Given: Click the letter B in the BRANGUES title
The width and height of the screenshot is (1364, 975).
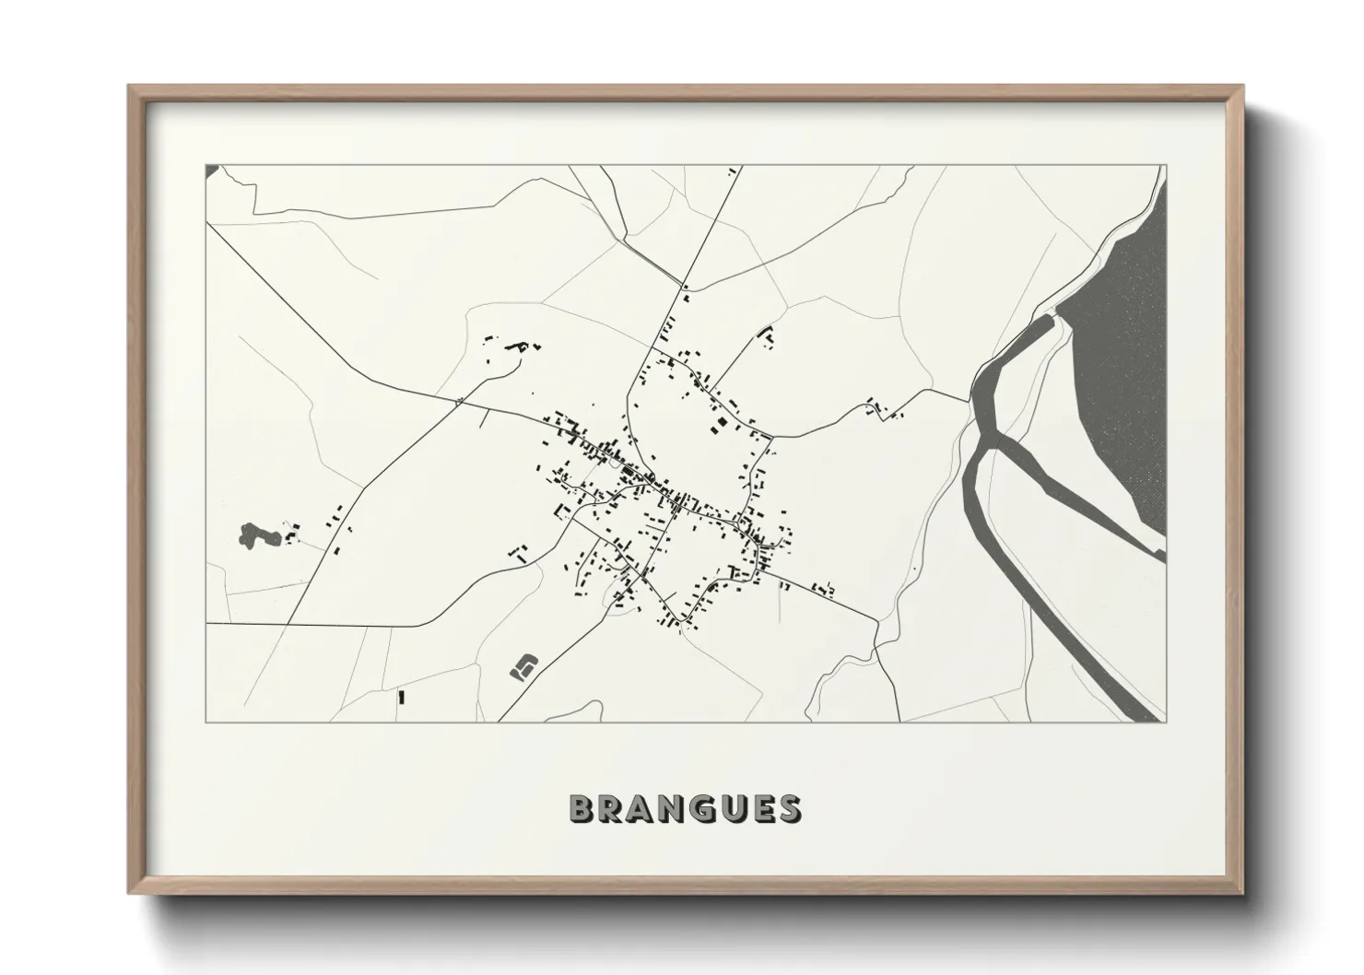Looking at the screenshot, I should (582, 808).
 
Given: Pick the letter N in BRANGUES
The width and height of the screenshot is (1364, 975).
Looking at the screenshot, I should (671, 808).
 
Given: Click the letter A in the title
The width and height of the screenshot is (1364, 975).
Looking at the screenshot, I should (641, 808).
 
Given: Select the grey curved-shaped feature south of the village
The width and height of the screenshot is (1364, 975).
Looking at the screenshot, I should (523, 665).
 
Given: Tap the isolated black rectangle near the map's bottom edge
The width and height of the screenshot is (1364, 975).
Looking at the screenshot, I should (401, 697).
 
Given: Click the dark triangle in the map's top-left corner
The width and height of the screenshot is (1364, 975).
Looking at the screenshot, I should (211, 170).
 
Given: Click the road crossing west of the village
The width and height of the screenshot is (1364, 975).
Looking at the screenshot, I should (458, 401).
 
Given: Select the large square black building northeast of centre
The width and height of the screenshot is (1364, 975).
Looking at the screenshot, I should (722, 422).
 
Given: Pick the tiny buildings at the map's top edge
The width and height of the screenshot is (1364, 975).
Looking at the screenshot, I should (733, 170).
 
